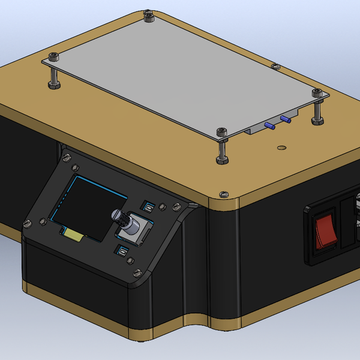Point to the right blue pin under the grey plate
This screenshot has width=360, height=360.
(x=286, y=119)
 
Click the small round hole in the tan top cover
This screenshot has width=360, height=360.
(x=280, y=146)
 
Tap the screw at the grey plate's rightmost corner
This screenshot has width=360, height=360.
(x=317, y=92)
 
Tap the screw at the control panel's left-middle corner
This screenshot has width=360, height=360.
(x=27, y=224)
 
